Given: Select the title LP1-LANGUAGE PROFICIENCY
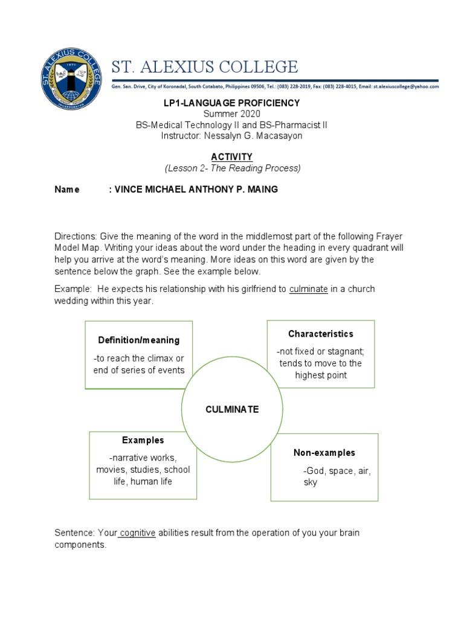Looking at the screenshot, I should tap(231, 103).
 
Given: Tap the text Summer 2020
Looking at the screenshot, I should tap(231, 114).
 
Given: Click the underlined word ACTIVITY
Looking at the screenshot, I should tap(231, 157).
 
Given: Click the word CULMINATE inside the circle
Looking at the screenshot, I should tap(231, 409).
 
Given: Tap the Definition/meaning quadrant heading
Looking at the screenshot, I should tap(139, 340).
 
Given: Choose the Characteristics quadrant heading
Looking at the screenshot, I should tap(321, 334).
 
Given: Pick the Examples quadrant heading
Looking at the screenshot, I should tap(143, 440).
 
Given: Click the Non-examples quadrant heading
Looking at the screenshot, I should tap(324, 453).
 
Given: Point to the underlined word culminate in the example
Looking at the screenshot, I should tap(309, 289).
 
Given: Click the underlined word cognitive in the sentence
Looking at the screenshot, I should tap(138, 533).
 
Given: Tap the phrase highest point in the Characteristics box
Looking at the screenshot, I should tap(321, 375).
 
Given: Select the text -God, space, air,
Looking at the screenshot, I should tap(337, 471).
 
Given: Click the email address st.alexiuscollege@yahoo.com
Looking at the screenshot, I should tap(406, 86).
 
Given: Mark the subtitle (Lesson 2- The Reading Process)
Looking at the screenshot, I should tap(232, 168).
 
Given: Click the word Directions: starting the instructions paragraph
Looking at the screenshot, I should tap(76, 236).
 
